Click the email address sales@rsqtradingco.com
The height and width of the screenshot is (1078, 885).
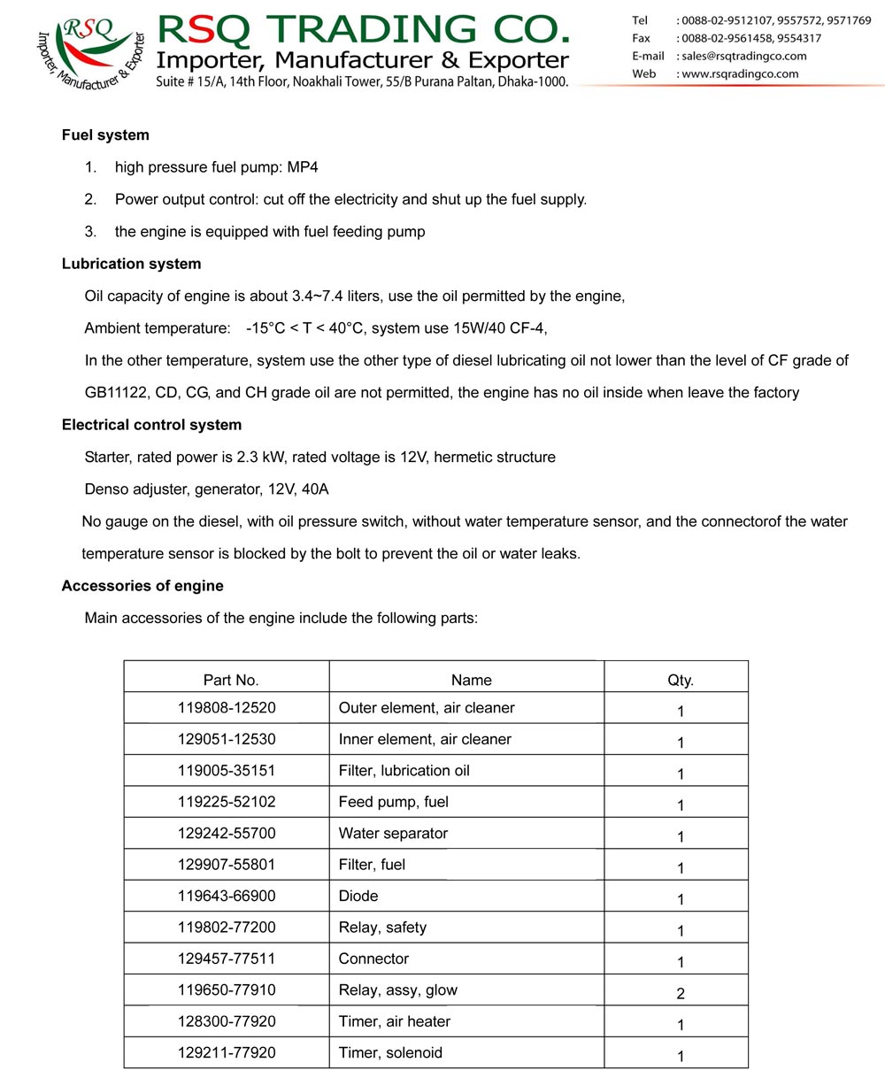[744, 56]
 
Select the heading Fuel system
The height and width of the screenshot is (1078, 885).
[105, 135]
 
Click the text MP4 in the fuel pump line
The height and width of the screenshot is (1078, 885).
[303, 167]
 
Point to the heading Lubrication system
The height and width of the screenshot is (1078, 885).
[131, 264]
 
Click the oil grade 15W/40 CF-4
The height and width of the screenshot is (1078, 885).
[499, 328]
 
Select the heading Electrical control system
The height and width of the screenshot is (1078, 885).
[151, 425]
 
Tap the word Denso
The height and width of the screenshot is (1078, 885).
[106, 489]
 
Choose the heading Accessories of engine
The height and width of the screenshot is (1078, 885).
[142, 586]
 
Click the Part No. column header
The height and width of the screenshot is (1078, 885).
[231, 680]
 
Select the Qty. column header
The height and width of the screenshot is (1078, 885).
[680, 680]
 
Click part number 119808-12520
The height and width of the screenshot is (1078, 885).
[227, 708]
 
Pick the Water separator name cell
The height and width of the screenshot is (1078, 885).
[393, 834]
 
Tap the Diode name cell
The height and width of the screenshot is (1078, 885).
[358, 897]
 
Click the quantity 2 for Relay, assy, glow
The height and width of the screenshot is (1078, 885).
[680, 993]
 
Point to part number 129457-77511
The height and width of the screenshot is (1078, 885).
[227, 959]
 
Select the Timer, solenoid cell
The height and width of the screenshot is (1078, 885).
[390, 1053]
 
